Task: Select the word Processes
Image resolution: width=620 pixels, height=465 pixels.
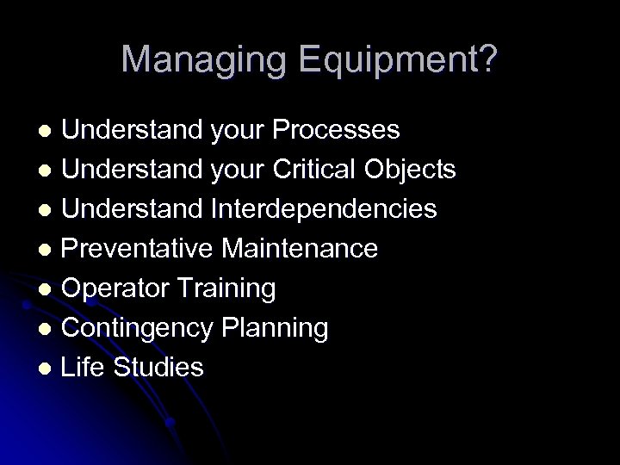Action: [336, 130]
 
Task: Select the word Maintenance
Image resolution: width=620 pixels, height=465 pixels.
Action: [300, 249]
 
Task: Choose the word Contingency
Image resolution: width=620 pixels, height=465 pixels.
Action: [138, 328]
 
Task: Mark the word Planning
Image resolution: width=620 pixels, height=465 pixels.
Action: [276, 328]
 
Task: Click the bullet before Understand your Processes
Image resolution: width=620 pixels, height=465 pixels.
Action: [48, 132]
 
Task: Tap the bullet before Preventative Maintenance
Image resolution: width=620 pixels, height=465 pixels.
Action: [48, 251]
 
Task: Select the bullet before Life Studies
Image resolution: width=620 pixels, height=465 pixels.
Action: [48, 369]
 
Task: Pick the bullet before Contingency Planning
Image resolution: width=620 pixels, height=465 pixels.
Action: [48, 330]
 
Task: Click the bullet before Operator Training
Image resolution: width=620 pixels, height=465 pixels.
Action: [48, 290]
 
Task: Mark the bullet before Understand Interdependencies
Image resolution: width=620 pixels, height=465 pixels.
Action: [48, 211]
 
